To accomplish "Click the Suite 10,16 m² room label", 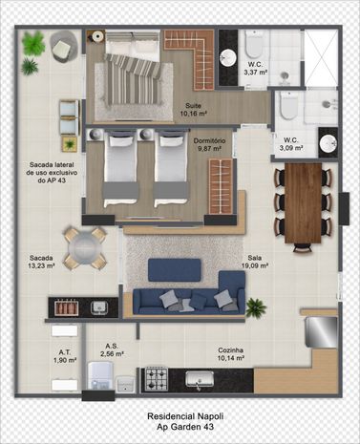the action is (x=194, y=109).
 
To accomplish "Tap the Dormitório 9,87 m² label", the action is (x=210, y=144).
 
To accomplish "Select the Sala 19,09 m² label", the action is (x=255, y=262).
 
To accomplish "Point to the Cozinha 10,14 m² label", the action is (x=231, y=354).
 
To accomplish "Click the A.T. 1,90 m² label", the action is (x=65, y=356).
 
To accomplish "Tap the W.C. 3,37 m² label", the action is (x=255, y=69).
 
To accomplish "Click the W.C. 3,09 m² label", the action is (x=291, y=144).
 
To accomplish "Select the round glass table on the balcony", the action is (x=85, y=248).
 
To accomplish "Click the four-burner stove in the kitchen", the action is (x=157, y=379).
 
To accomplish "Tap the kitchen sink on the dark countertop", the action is (x=200, y=379).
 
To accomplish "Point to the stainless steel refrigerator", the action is (x=321, y=331).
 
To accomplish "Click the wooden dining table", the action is (x=303, y=203).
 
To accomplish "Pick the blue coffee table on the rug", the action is (x=175, y=270).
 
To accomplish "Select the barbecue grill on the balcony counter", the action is (x=67, y=307).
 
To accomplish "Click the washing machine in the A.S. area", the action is (x=100, y=375).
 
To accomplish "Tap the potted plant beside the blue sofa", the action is (x=256, y=307).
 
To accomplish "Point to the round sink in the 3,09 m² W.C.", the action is (x=328, y=144).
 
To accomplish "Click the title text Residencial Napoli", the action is (x=185, y=416).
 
